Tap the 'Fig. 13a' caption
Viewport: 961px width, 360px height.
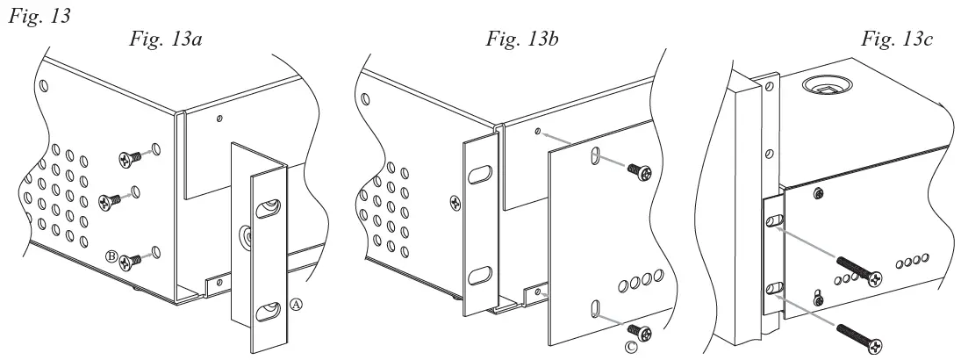[165, 40]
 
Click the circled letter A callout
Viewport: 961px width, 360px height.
[296, 305]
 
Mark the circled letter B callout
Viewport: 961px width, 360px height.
[112, 256]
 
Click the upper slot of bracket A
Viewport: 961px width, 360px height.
[267, 209]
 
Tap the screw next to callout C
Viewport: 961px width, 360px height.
[646, 331]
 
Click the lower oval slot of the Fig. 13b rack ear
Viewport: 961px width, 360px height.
[479, 277]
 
